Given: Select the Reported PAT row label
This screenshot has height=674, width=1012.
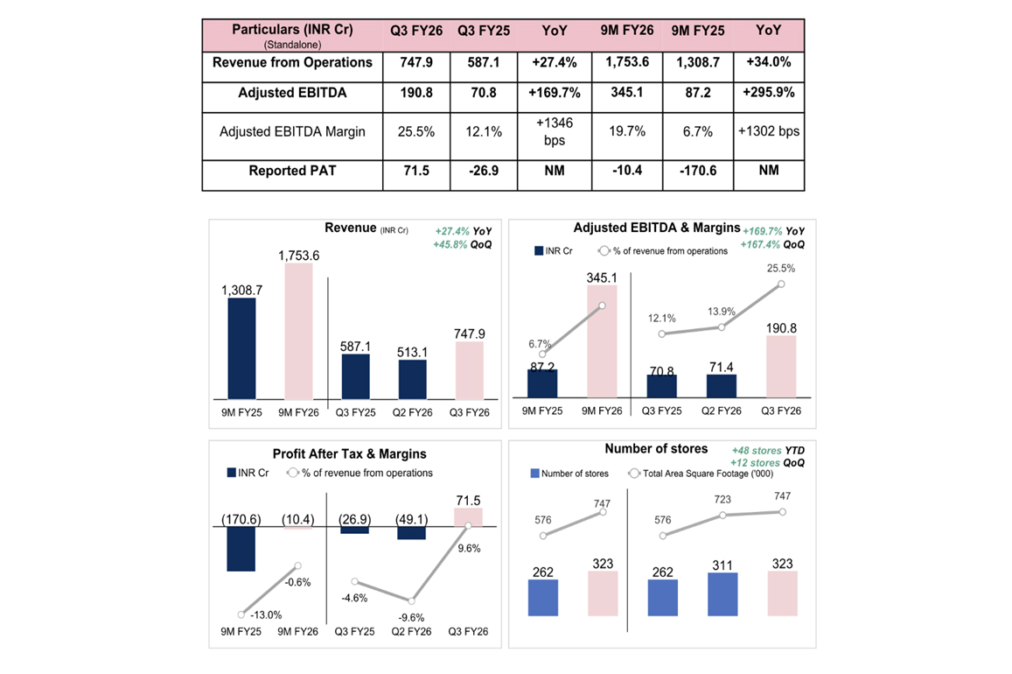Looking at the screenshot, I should click(x=292, y=172).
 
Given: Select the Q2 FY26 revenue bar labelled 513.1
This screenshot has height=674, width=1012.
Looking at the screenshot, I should click(x=412, y=379).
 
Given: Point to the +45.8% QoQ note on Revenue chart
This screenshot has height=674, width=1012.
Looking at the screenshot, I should click(x=463, y=244).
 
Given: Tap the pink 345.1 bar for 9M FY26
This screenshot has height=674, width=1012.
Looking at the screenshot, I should click(x=601, y=342).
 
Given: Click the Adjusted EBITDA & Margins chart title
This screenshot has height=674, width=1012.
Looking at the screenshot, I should click(x=657, y=228).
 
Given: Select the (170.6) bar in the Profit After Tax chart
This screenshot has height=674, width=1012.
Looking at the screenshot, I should click(x=241, y=549).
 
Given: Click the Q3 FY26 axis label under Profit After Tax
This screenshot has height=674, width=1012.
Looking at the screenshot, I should click(x=467, y=631).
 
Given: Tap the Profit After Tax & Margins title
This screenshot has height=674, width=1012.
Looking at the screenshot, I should click(x=349, y=454).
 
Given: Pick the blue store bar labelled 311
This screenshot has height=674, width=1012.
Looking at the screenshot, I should click(x=722, y=595).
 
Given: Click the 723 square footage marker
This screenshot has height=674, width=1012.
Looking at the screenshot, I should click(x=722, y=516).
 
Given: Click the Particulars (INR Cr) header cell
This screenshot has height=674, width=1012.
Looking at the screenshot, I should click(x=292, y=34).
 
